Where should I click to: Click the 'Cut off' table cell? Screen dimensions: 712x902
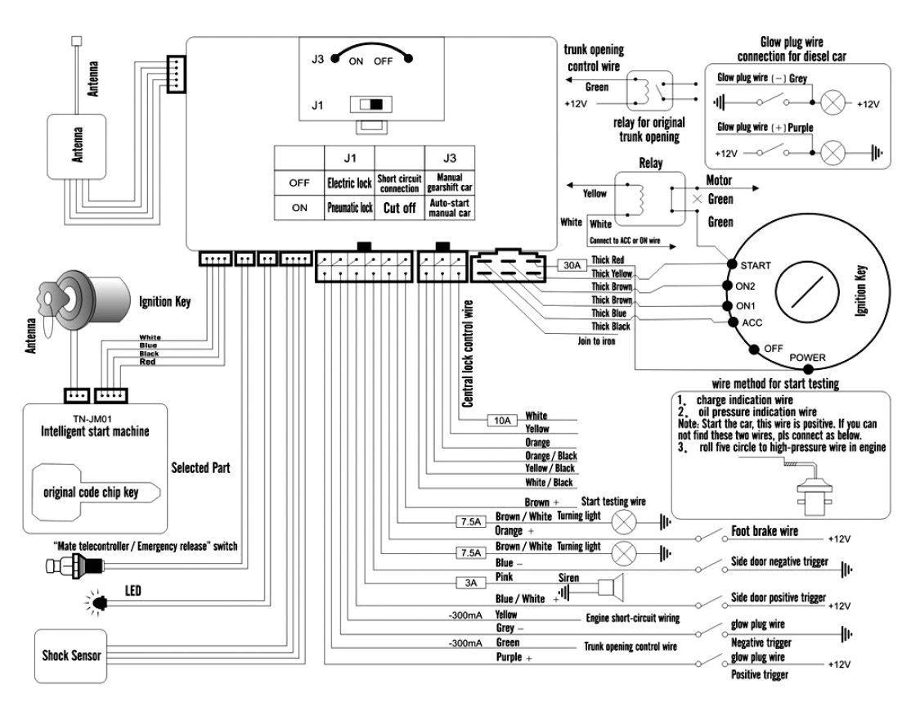[x=401, y=208]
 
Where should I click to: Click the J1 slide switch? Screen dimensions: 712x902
[x=370, y=105]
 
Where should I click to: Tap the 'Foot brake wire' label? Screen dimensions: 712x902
[x=764, y=531]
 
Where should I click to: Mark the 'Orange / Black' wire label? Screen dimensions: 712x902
[x=550, y=456]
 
